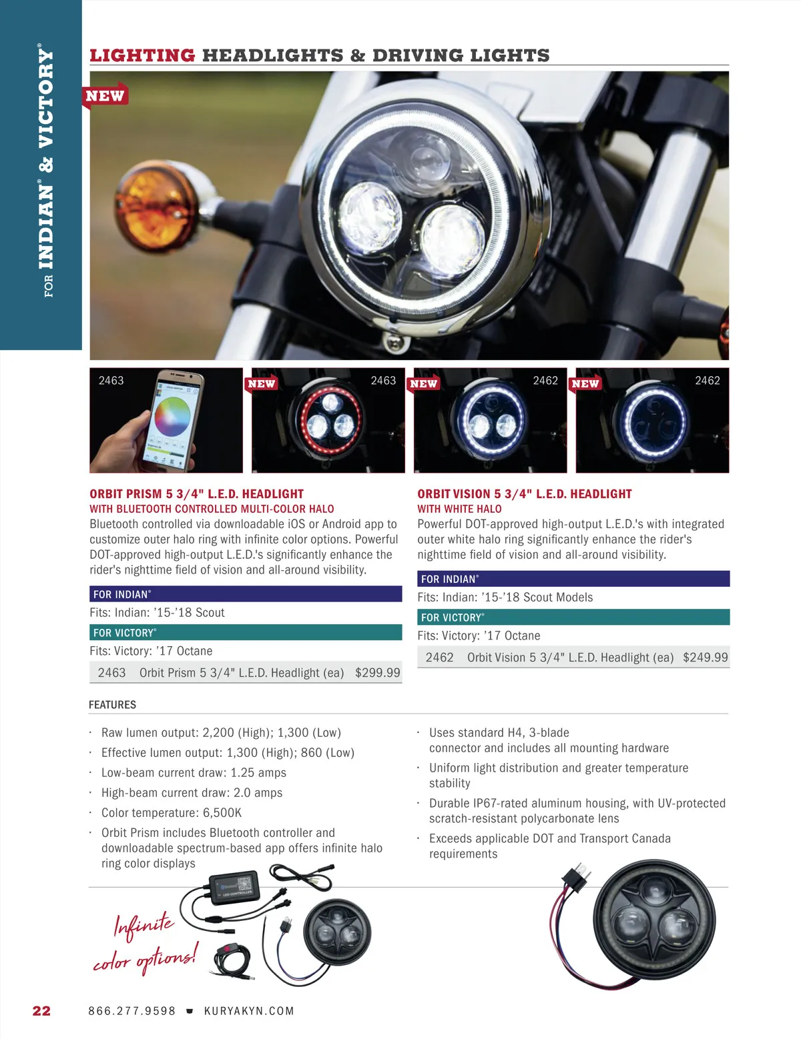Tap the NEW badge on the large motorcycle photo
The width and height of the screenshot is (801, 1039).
105,96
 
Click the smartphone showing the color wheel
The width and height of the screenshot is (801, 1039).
173,421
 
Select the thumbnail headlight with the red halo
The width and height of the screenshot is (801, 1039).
329,421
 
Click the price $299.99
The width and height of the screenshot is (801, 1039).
378,672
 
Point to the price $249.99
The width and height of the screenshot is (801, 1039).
706,657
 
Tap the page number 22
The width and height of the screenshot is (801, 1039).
41,1010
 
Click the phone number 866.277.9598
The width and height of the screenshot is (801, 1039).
131,1011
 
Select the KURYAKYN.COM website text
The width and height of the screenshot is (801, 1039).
249,1011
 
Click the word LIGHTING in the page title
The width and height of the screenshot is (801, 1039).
143,55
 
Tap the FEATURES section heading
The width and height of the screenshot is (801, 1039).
112,704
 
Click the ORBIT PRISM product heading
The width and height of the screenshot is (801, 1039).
197,494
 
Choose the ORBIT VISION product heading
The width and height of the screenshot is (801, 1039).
525,494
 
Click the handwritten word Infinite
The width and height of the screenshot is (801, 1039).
144,926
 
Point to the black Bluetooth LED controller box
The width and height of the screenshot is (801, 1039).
234,888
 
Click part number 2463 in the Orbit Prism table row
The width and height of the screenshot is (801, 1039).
111,672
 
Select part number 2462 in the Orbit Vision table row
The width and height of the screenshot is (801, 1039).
439,657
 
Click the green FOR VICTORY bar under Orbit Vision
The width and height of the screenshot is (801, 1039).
573,617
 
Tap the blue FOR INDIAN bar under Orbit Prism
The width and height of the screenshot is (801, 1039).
246,594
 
